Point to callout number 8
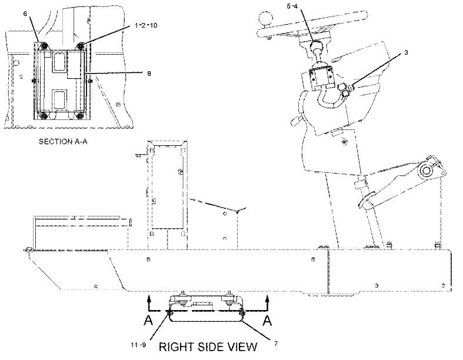149,74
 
